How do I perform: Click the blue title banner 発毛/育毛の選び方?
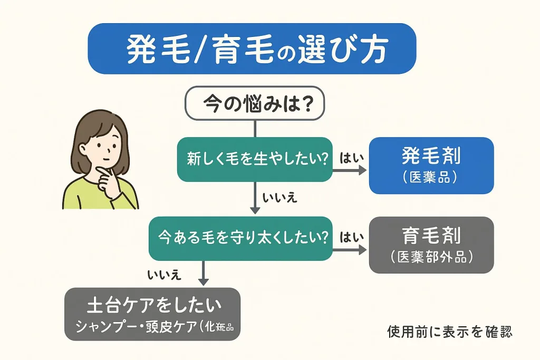click(x=252, y=48)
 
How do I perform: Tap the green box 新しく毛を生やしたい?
click(x=255, y=158)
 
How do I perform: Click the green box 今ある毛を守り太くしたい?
click(x=240, y=238)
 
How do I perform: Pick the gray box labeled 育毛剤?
click(x=431, y=245)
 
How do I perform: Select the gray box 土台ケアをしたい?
click(x=152, y=314)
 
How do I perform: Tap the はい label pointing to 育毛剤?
click(x=350, y=237)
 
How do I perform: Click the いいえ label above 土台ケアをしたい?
click(x=165, y=274)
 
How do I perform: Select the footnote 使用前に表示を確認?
click(x=450, y=332)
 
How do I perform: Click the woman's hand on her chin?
click(x=109, y=178)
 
